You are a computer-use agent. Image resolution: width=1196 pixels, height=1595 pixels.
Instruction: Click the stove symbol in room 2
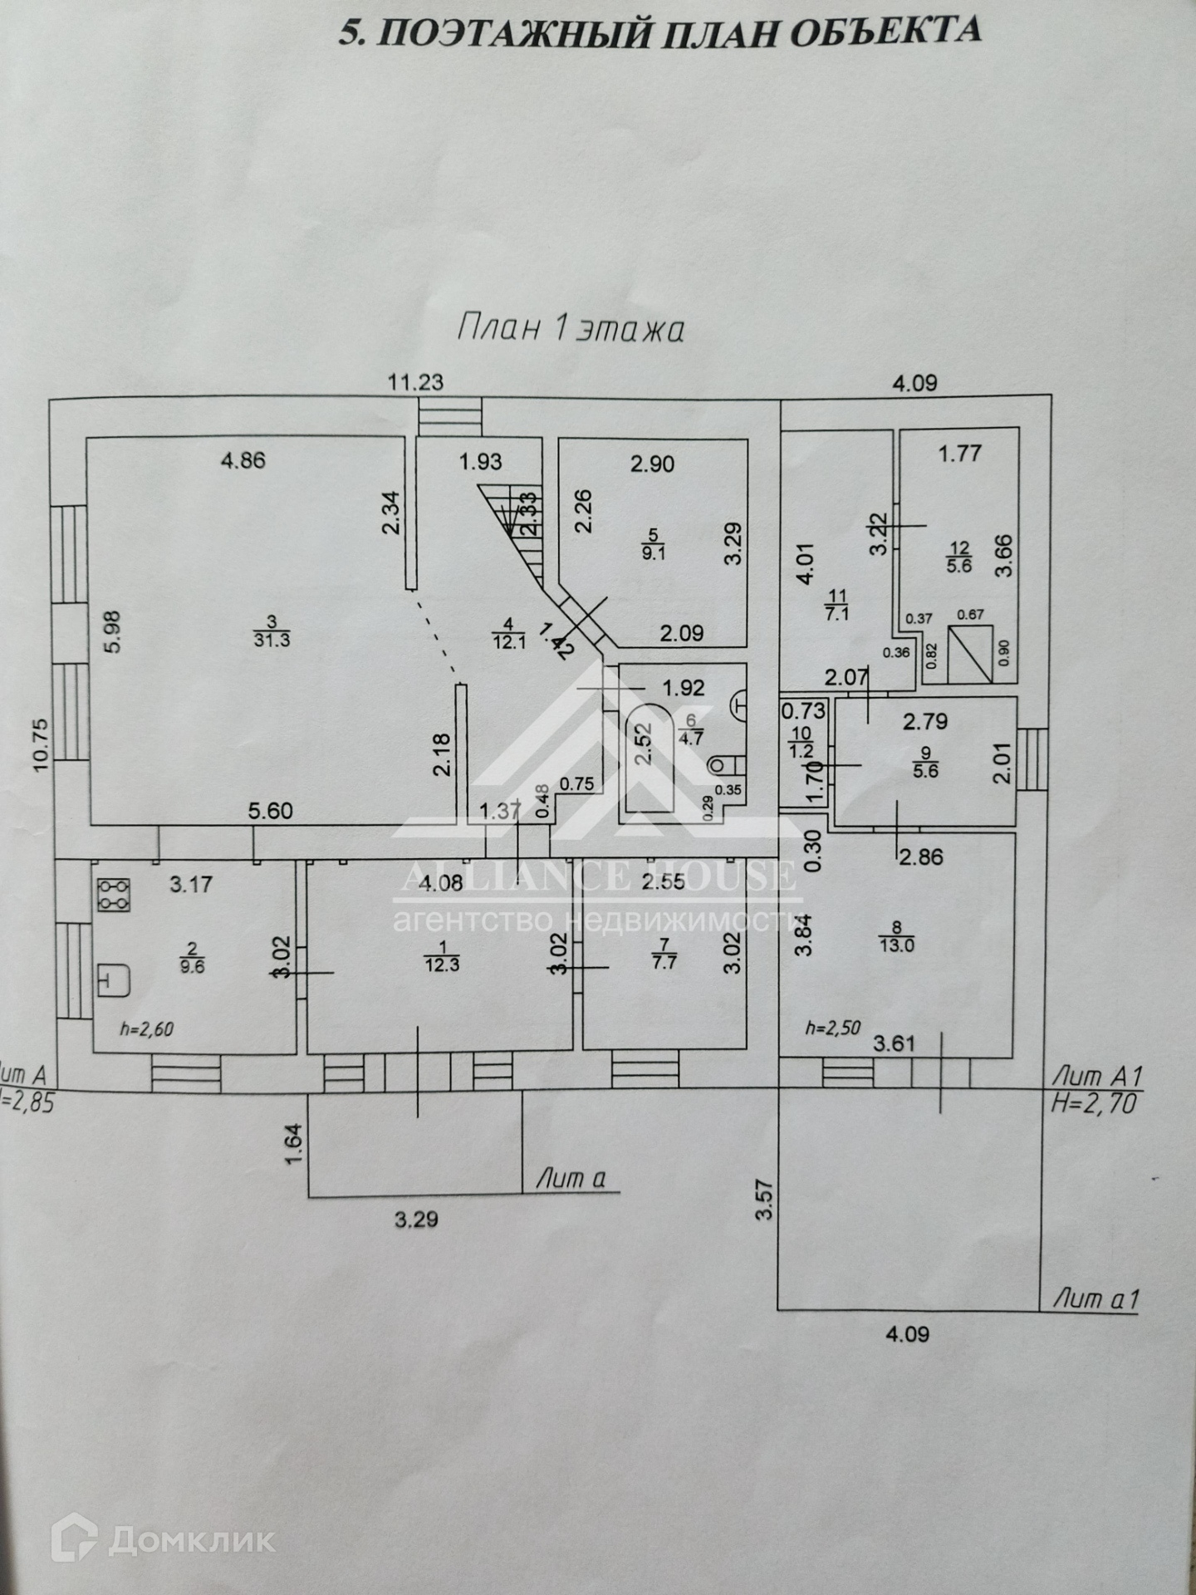[x=113, y=895]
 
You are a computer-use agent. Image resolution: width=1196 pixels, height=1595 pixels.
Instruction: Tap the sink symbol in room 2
[x=115, y=980]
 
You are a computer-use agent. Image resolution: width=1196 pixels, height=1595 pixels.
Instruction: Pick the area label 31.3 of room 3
[x=272, y=640]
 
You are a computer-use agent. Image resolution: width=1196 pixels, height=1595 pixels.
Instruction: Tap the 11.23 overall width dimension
[x=416, y=382]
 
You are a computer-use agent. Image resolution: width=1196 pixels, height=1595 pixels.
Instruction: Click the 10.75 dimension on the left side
[x=40, y=745]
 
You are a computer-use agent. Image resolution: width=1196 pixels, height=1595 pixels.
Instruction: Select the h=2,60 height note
[x=147, y=1029]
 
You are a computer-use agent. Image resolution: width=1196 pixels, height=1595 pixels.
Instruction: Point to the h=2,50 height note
[x=832, y=1028]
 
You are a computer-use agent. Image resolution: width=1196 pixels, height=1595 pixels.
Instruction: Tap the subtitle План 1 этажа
[x=571, y=327]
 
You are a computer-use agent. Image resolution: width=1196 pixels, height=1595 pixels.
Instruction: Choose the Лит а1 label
[x=1096, y=1298]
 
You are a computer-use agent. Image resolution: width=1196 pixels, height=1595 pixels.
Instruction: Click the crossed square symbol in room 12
[x=971, y=653]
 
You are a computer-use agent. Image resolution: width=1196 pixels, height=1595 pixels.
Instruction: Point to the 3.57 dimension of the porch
[x=765, y=1200]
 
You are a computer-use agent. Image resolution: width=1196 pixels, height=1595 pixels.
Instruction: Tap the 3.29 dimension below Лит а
[x=416, y=1220]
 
